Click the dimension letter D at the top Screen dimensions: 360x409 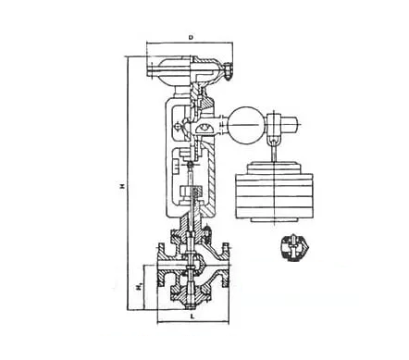coord(189,38)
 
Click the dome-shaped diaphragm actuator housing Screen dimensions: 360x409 coord(189,67)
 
